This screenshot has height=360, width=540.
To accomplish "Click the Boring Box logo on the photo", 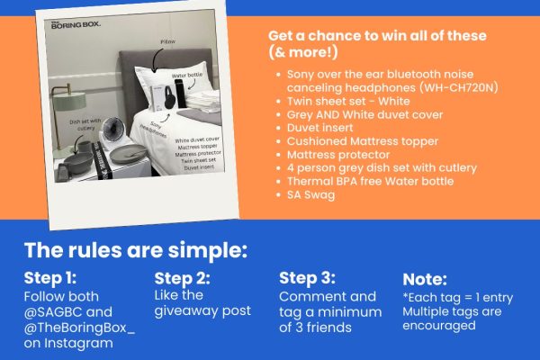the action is coord(76,24).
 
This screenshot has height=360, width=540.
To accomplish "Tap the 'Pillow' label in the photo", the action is coord(167,41).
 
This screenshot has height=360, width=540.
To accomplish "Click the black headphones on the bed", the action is coord(170,97).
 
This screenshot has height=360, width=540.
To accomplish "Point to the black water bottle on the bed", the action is coord(181,94).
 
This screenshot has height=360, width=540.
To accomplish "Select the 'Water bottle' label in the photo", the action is coord(186,75).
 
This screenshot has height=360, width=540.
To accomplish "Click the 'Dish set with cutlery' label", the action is coord(85,124).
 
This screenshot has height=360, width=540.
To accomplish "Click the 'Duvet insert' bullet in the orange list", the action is coord(319,128).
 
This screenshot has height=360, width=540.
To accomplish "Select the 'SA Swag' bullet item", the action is coord(310,194).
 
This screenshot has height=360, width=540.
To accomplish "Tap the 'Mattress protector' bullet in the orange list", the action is coord(338,155).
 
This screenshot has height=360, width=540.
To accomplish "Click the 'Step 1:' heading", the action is coord(50,278).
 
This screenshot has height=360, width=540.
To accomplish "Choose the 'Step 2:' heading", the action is coord(182,278).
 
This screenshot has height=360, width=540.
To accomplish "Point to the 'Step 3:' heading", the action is coord(307,278).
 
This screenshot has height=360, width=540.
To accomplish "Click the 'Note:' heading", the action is coord(425,279).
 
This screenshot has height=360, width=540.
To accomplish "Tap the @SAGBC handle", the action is coord(53,311).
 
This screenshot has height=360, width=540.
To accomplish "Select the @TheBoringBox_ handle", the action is coord(79,328).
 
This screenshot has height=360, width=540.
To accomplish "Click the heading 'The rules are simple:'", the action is coord(136,250).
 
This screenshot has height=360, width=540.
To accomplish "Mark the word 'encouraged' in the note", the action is coord(439,326).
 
